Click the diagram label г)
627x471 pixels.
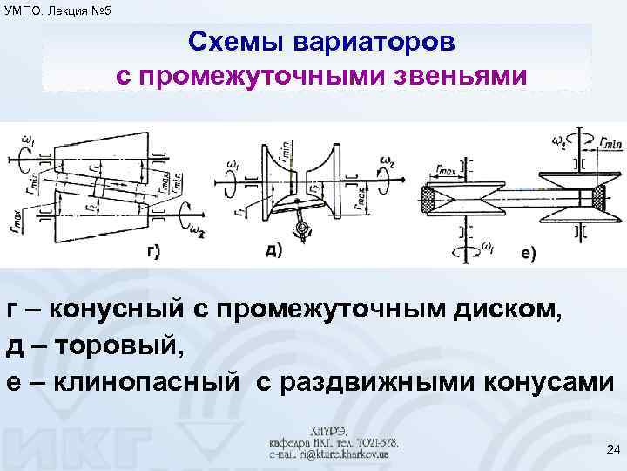click(152, 253)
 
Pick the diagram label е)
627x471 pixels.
click(529, 254)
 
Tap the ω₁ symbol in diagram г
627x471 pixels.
click(30, 140)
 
